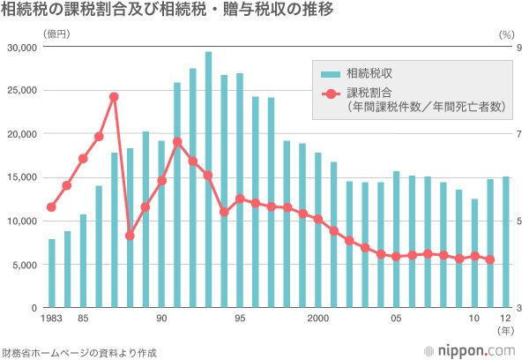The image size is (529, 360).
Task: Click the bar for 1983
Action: (51, 273)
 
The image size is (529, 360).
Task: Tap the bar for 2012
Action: (505, 242)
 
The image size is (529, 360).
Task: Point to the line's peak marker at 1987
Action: (114, 97)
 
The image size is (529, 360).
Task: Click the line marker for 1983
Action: (51, 207)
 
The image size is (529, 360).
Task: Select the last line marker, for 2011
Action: (490, 259)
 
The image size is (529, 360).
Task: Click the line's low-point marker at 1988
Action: (130, 236)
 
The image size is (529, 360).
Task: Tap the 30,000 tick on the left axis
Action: (23, 47)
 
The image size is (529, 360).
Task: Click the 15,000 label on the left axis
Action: (23, 177)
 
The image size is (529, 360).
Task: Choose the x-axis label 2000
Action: (318, 319)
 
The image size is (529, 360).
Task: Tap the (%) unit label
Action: (504, 34)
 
